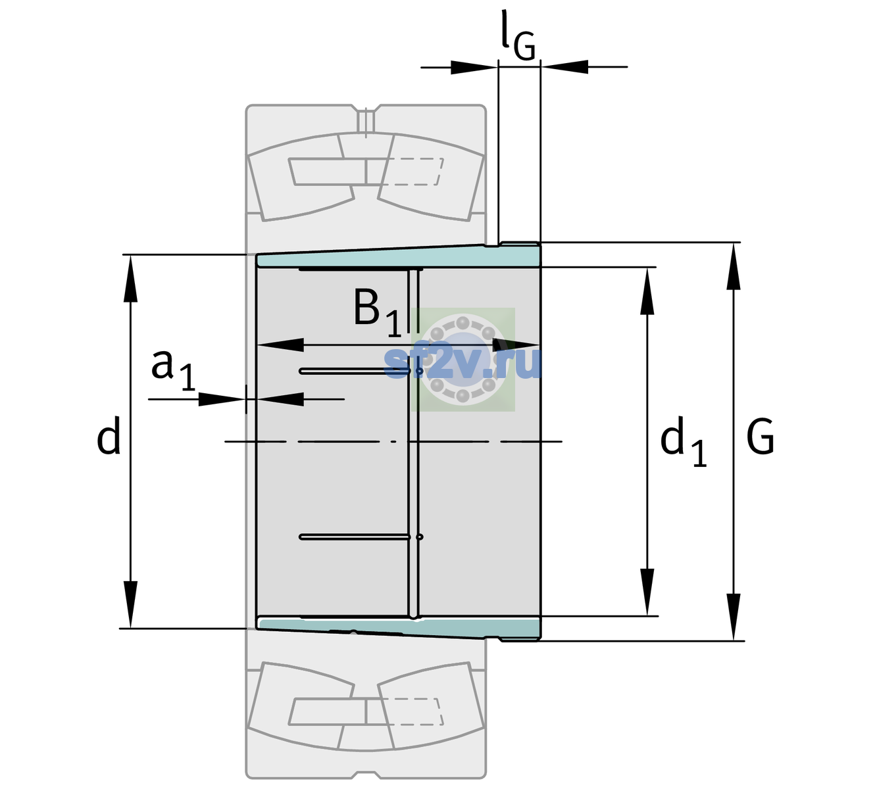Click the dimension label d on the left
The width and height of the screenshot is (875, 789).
coord(108,436)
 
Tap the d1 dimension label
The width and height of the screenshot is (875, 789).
coord(683,441)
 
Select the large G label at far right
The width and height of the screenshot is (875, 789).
coord(760,437)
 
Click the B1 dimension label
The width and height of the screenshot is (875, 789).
coord(377,312)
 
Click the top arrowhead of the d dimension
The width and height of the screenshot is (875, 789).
coord(130,279)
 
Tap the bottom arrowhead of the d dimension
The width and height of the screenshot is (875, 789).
coord(130,605)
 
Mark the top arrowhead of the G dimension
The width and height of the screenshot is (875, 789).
coord(734,266)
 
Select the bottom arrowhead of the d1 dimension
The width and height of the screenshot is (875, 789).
coord(647,592)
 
